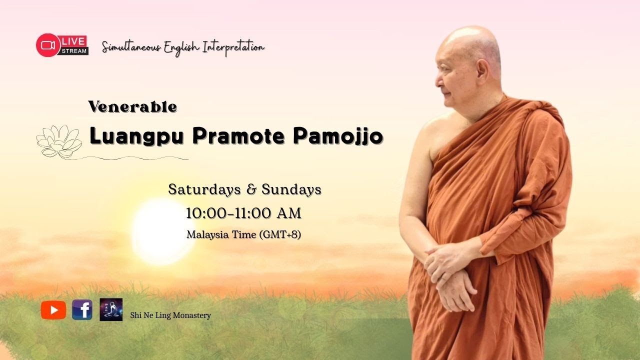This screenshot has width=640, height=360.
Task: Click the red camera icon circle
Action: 48,45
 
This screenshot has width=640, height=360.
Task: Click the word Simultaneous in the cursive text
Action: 131,47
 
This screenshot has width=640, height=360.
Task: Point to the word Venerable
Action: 132,106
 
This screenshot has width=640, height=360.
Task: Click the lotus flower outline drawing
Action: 59,141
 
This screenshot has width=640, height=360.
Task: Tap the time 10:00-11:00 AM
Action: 243,213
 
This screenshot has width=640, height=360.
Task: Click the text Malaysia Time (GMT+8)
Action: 243,234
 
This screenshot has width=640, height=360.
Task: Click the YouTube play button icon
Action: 53,310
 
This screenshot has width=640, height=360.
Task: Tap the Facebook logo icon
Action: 82,310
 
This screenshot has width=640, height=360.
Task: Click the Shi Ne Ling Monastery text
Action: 170,315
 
